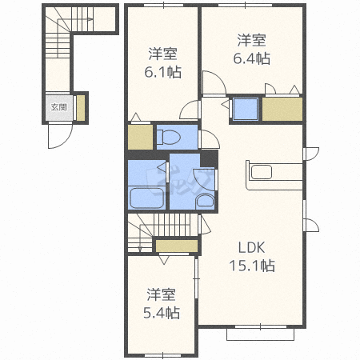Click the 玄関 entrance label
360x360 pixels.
pos(58,107)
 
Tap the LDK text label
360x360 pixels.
pos(251,247)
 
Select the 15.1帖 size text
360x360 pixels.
pos(252,266)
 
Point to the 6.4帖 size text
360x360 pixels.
pos(252,58)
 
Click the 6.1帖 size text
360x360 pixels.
pos(162,72)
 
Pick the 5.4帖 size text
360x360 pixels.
pos(162,313)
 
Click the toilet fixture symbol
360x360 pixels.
pos(169,138)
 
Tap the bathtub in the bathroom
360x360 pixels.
pos(146,198)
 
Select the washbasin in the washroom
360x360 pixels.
pos(205,202)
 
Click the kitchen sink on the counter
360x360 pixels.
pos(262,172)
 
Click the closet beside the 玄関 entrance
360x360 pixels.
pos(81,108)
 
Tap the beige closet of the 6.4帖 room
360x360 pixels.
pos(282,109)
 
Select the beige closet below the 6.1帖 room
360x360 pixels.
pos(140,137)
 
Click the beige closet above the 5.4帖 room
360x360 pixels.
pos(177,246)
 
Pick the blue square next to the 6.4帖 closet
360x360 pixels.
pos(246,109)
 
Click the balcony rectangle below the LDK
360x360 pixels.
pos(260,334)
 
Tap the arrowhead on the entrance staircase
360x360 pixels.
pos(91,19)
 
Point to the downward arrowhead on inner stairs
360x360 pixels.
pos(140,250)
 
